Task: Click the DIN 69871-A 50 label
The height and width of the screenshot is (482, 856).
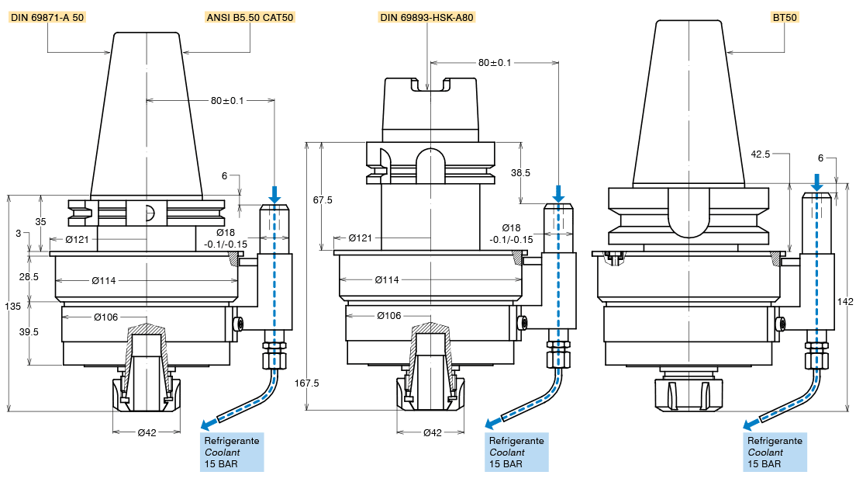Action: pyautogui.click(x=47, y=17)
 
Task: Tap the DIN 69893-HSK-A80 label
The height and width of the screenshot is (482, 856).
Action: pyautogui.click(x=427, y=17)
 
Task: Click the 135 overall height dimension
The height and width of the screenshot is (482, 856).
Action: pyautogui.click(x=13, y=307)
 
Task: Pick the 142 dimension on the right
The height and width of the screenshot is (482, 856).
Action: pyautogui.click(x=847, y=301)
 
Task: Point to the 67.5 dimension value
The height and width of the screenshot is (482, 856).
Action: pyautogui.click(x=322, y=200)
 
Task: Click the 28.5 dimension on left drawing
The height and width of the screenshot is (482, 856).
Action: pyautogui.click(x=29, y=277)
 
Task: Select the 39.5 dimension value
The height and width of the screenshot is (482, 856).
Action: pyautogui.click(x=28, y=332)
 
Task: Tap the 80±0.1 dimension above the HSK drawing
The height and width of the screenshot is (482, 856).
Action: pyautogui.click(x=495, y=63)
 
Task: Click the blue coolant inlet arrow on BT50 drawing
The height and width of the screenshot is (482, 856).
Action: pyautogui.click(x=816, y=184)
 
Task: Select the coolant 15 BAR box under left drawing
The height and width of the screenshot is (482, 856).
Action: pyautogui.click(x=232, y=453)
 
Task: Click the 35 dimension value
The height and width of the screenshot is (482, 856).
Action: pyautogui.click(x=40, y=222)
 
